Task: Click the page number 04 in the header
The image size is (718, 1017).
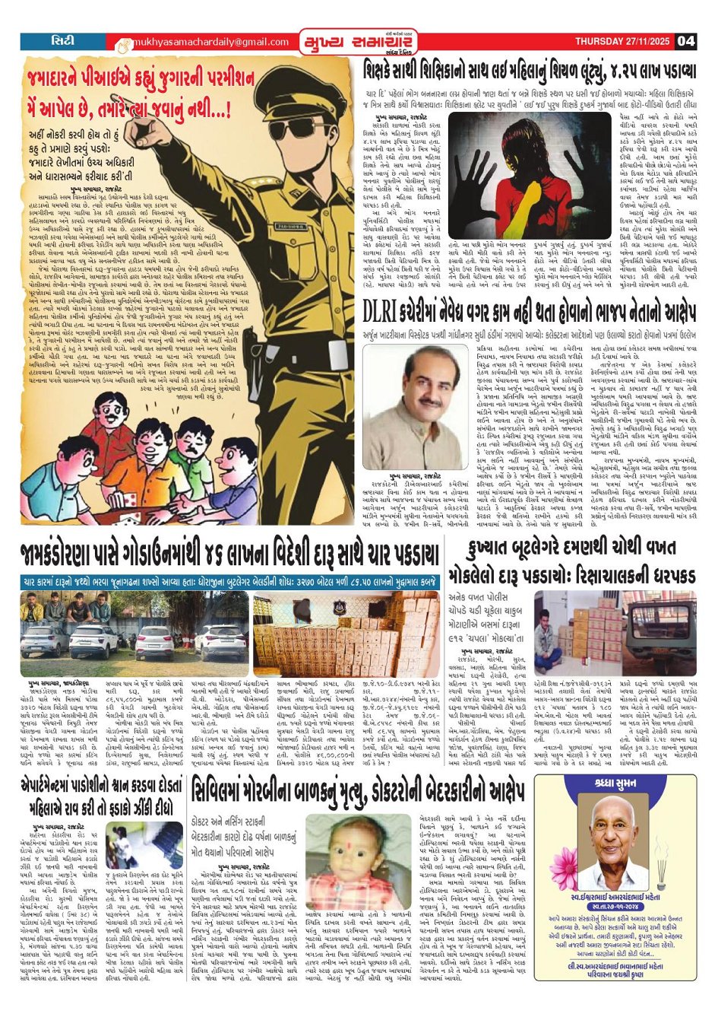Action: point(686,40)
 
